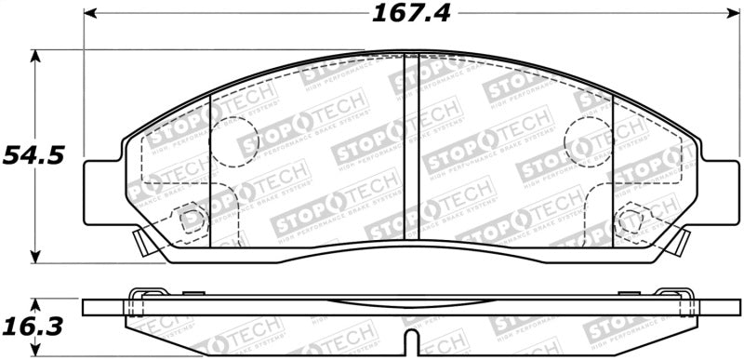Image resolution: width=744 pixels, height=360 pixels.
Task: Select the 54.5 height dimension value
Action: [x=33, y=155]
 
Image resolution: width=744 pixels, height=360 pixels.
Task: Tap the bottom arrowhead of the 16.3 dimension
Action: [x=36, y=353]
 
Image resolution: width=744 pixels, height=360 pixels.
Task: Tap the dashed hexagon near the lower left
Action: [x=192, y=220]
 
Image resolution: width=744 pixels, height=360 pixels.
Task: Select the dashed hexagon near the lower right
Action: [x=631, y=220]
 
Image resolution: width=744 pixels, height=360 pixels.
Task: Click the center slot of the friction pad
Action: [x=411, y=149]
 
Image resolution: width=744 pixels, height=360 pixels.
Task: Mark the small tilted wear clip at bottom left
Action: [x=140, y=244]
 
